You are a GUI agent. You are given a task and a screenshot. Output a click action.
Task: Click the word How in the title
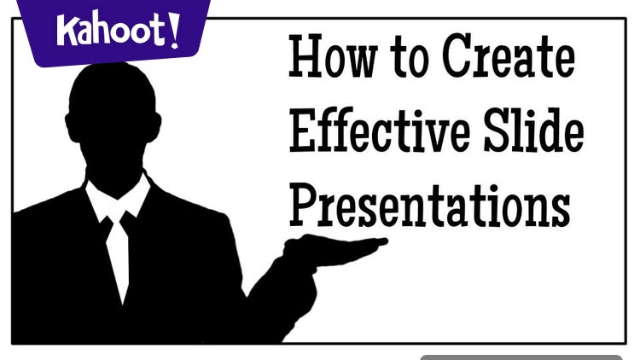pyautogui.click(x=333, y=56)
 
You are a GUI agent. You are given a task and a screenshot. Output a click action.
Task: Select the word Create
pyautogui.click(x=509, y=56)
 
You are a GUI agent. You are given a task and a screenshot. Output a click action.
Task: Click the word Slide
pyautogui.click(x=534, y=130)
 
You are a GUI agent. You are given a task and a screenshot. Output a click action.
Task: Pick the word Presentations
pyautogui.click(x=430, y=206)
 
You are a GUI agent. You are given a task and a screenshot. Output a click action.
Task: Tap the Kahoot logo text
pyautogui.click(x=118, y=30)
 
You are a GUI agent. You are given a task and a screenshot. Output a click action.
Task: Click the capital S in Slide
pyautogui.click(x=497, y=131)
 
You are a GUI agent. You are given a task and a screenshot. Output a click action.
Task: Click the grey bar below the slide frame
pyautogui.click(x=521, y=357)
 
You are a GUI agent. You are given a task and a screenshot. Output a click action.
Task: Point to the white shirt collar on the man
pyautogui.click(x=118, y=199)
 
